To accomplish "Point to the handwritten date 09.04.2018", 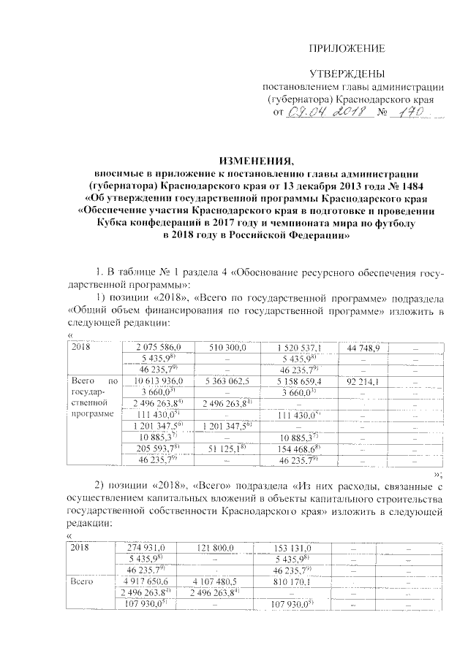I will click(325, 112).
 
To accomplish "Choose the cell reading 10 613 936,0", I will click(162, 381).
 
